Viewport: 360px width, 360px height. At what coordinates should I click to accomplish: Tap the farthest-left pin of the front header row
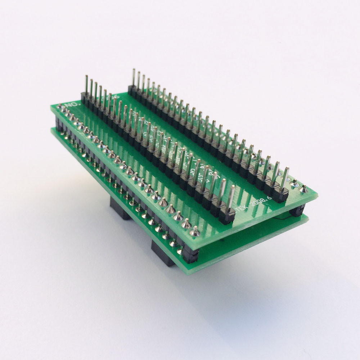(x=86, y=85)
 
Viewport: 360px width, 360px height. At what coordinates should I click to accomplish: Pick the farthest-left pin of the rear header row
(x=134, y=77)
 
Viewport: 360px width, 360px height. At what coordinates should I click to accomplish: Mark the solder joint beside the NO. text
(x=59, y=107)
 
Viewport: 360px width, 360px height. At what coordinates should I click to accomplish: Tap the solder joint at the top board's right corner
(x=303, y=189)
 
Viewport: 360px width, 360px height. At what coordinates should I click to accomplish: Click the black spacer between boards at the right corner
(x=297, y=211)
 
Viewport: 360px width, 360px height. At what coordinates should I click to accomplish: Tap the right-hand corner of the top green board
(x=317, y=196)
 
